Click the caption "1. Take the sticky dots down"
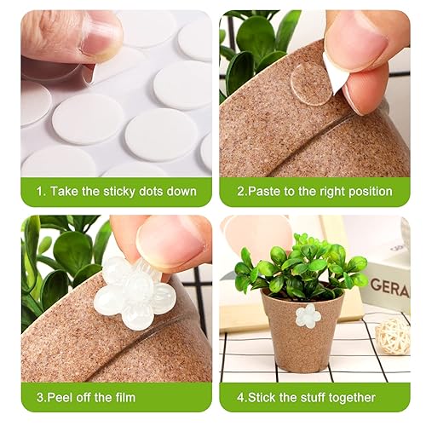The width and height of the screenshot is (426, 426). (x=116, y=191)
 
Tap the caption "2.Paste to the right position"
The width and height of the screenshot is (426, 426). (x=315, y=191)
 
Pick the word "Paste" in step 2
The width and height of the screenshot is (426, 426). (x=267, y=191)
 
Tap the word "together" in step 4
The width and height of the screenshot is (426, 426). (x=354, y=396)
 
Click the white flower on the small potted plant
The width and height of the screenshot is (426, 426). (x=308, y=316)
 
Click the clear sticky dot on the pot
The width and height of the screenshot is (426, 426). (x=310, y=83)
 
